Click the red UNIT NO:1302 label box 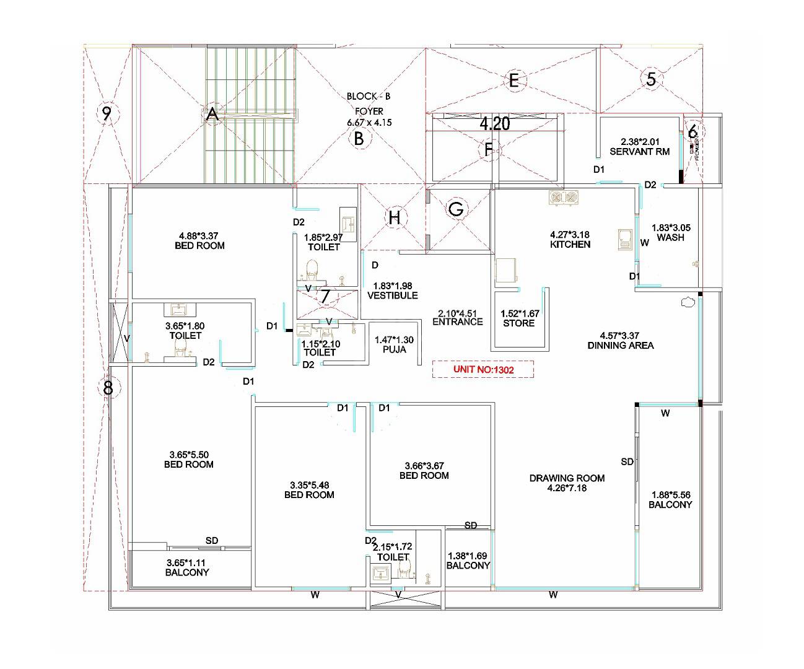click(x=483, y=369)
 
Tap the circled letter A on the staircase click(x=212, y=114)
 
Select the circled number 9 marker click(x=107, y=114)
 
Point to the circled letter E click(x=513, y=81)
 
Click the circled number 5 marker click(x=650, y=79)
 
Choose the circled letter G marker click(x=456, y=209)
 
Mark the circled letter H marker click(x=395, y=217)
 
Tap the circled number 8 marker click(x=108, y=388)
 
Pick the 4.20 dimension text click(x=495, y=124)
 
